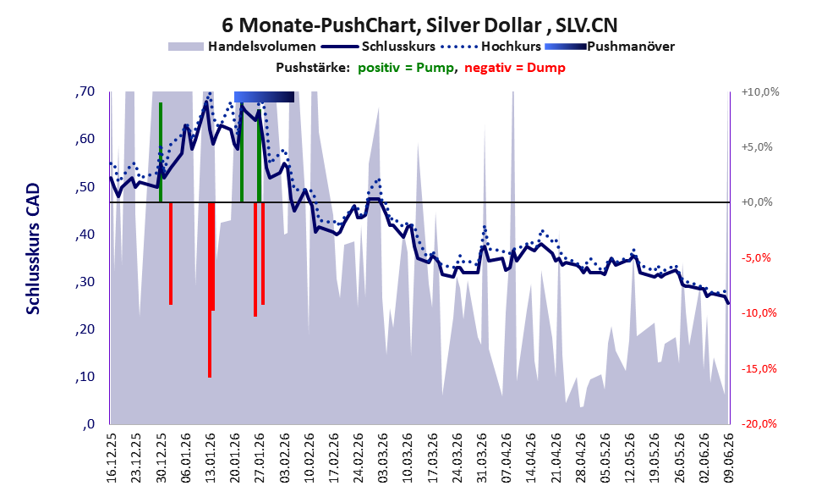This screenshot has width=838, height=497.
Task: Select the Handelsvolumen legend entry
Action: [242, 47]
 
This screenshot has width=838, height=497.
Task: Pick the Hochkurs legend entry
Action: [491, 47]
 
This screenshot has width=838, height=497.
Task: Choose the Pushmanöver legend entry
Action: [610, 47]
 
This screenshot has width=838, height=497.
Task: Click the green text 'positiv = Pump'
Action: [406, 68]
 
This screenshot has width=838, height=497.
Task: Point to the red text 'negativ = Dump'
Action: [515, 68]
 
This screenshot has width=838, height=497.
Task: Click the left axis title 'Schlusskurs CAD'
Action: [33, 249]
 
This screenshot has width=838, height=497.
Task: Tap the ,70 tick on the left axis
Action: [85, 91]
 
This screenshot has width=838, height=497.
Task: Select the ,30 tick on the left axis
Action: [85, 282]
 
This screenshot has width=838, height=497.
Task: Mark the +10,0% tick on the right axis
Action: [760, 92]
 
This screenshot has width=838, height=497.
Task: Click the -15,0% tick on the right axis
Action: [759, 368]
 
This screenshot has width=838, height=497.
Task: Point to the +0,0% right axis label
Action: [758, 202]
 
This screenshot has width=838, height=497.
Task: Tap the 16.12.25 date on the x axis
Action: [111, 458]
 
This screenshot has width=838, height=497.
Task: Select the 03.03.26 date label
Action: [382, 458]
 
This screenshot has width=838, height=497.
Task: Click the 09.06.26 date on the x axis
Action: [728, 458]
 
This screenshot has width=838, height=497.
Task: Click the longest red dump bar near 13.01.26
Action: [210, 290]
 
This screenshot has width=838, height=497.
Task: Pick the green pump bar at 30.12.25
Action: [161, 152]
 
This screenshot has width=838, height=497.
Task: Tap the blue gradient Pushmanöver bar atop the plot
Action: [264, 97]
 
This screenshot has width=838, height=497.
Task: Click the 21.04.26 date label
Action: [556, 458]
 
